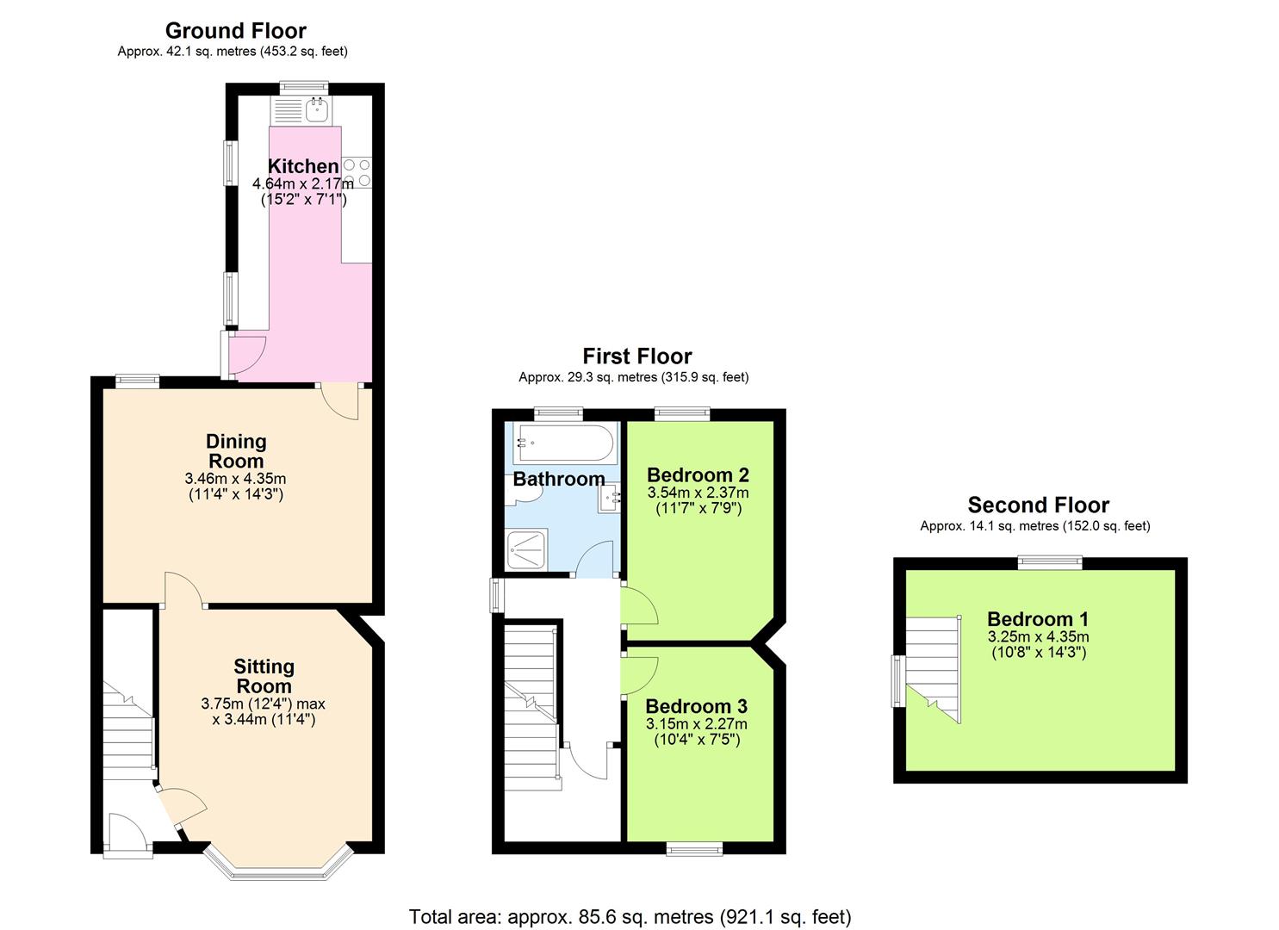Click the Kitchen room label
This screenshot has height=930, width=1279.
302,166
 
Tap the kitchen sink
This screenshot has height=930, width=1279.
317,108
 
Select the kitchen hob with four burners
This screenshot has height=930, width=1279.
357,172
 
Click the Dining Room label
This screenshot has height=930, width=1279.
236,450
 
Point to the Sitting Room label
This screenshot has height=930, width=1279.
264,676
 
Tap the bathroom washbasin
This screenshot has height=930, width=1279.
610,498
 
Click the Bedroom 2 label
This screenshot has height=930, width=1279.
698,474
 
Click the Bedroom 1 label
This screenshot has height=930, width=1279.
1037,618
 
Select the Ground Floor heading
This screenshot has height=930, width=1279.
235,31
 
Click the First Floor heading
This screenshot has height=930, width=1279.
636,356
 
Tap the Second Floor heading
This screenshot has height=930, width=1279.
1038,505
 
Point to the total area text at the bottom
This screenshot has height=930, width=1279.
630,916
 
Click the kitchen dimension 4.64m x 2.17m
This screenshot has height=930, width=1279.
302,183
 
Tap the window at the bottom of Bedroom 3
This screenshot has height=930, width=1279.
694,849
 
